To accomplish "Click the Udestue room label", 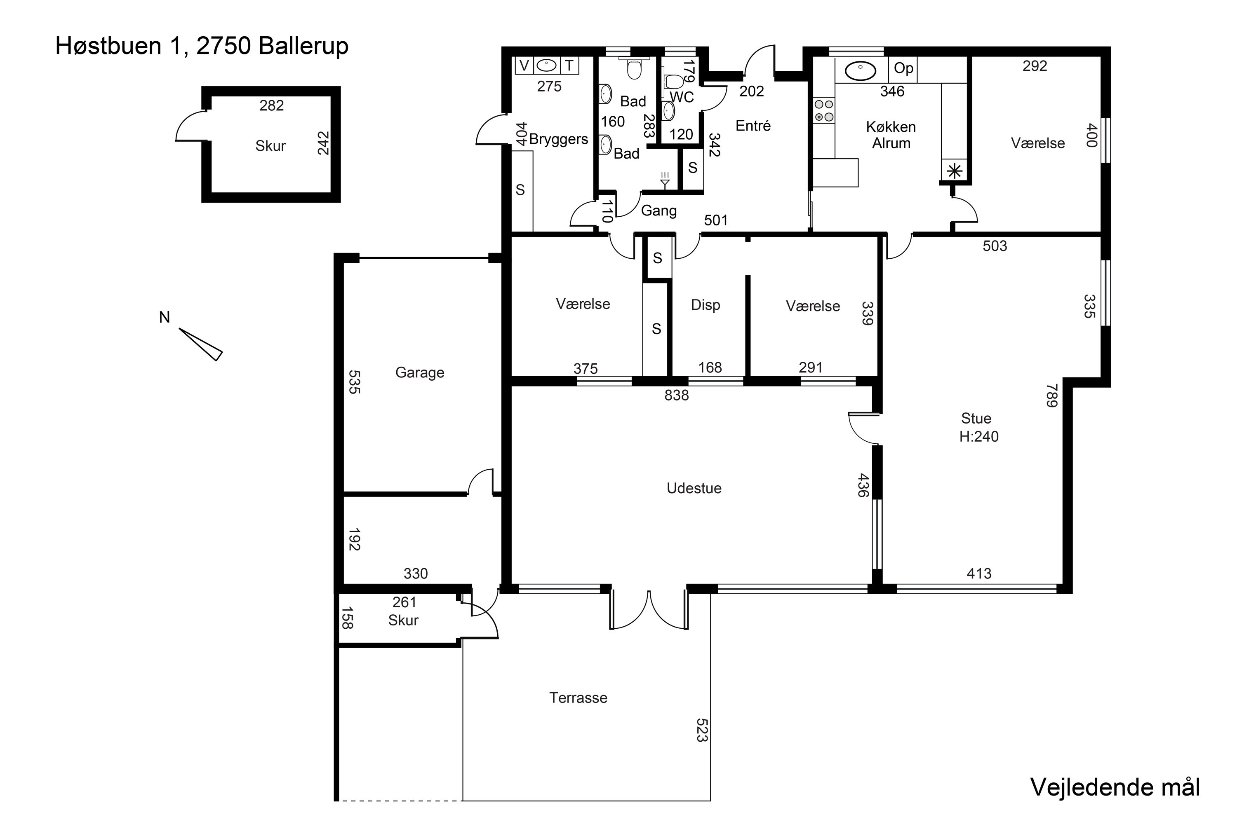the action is coord(694,488).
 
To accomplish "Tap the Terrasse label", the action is coord(578,698).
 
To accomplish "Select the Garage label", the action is coord(420,372).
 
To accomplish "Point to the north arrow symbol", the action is coord(200,344).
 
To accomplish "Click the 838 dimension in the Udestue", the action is coord(676,395).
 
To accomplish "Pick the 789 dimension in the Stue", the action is coord(1051,396).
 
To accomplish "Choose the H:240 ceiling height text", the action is coord(979,436).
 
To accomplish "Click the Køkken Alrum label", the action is coord(891,135).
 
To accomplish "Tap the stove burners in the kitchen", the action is coord(823,110).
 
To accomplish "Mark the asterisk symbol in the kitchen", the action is coord(955,171).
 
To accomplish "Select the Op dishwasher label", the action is coord(903,68).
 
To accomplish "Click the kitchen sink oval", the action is coord(859,70).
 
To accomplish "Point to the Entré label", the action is coord(753,126).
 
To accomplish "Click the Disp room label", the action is coord(705,305).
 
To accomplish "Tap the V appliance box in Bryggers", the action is coord(524,66).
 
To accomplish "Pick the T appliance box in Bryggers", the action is coord(569,66).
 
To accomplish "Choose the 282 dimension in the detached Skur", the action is coord(271,105).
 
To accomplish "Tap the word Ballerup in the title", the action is coord(303,46).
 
